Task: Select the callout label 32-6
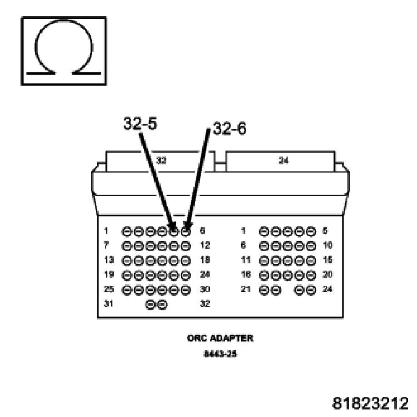(229, 129)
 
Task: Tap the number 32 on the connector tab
(161, 160)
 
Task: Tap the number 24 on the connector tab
(283, 160)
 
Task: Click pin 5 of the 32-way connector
(173, 231)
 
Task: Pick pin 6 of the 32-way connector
(185, 231)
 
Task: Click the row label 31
(108, 304)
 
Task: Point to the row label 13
(108, 261)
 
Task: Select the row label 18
(205, 261)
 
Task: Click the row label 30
(205, 289)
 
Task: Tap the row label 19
(108, 275)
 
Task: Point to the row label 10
(328, 246)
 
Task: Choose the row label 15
(328, 261)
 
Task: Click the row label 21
(246, 289)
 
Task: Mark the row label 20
(328, 275)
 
